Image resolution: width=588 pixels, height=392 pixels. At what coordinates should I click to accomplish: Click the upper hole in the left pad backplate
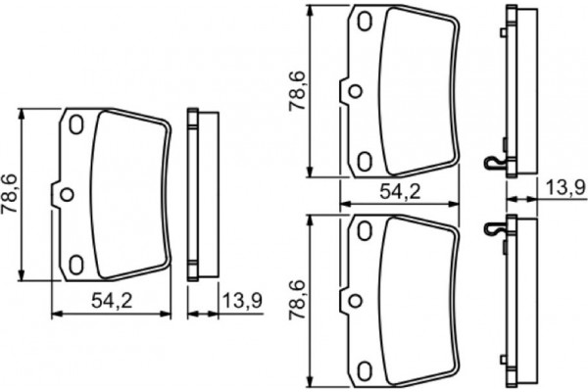tap(76, 124)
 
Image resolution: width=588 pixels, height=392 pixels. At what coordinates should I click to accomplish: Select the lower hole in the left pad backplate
tap(76, 263)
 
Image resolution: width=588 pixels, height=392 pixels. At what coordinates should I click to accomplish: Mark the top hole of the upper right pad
tap(365, 22)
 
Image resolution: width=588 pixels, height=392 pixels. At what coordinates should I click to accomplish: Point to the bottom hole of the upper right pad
tap(365, 159)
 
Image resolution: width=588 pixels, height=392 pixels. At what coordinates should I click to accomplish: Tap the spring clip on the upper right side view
tap(495, 163)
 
